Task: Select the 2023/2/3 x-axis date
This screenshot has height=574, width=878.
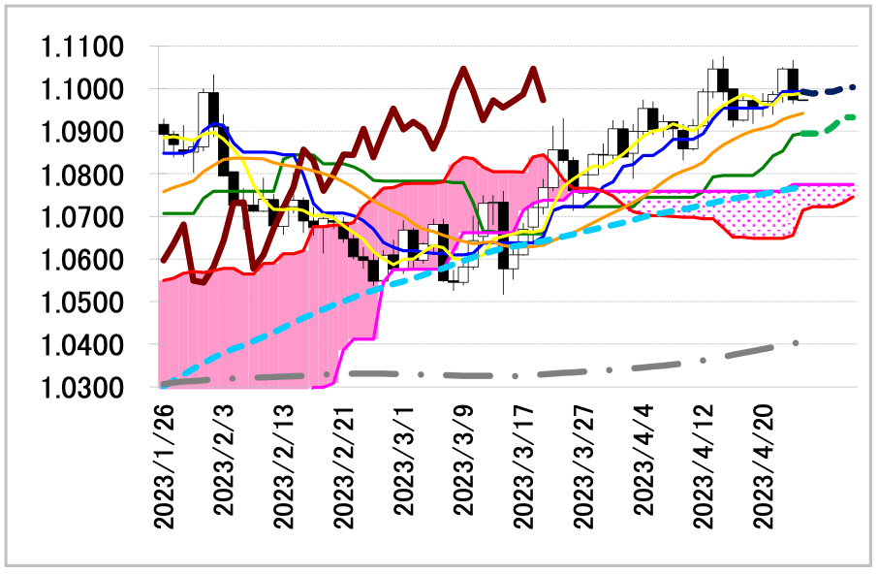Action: click(225, 463)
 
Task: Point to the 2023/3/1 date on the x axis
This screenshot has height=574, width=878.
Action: click(404, 463)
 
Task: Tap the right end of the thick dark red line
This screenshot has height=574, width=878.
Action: click(544, 100)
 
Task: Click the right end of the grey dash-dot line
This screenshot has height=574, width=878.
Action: click(797, 342)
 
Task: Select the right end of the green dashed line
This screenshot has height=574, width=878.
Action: click(853, 116)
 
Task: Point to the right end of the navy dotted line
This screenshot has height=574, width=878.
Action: click(853, 86)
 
